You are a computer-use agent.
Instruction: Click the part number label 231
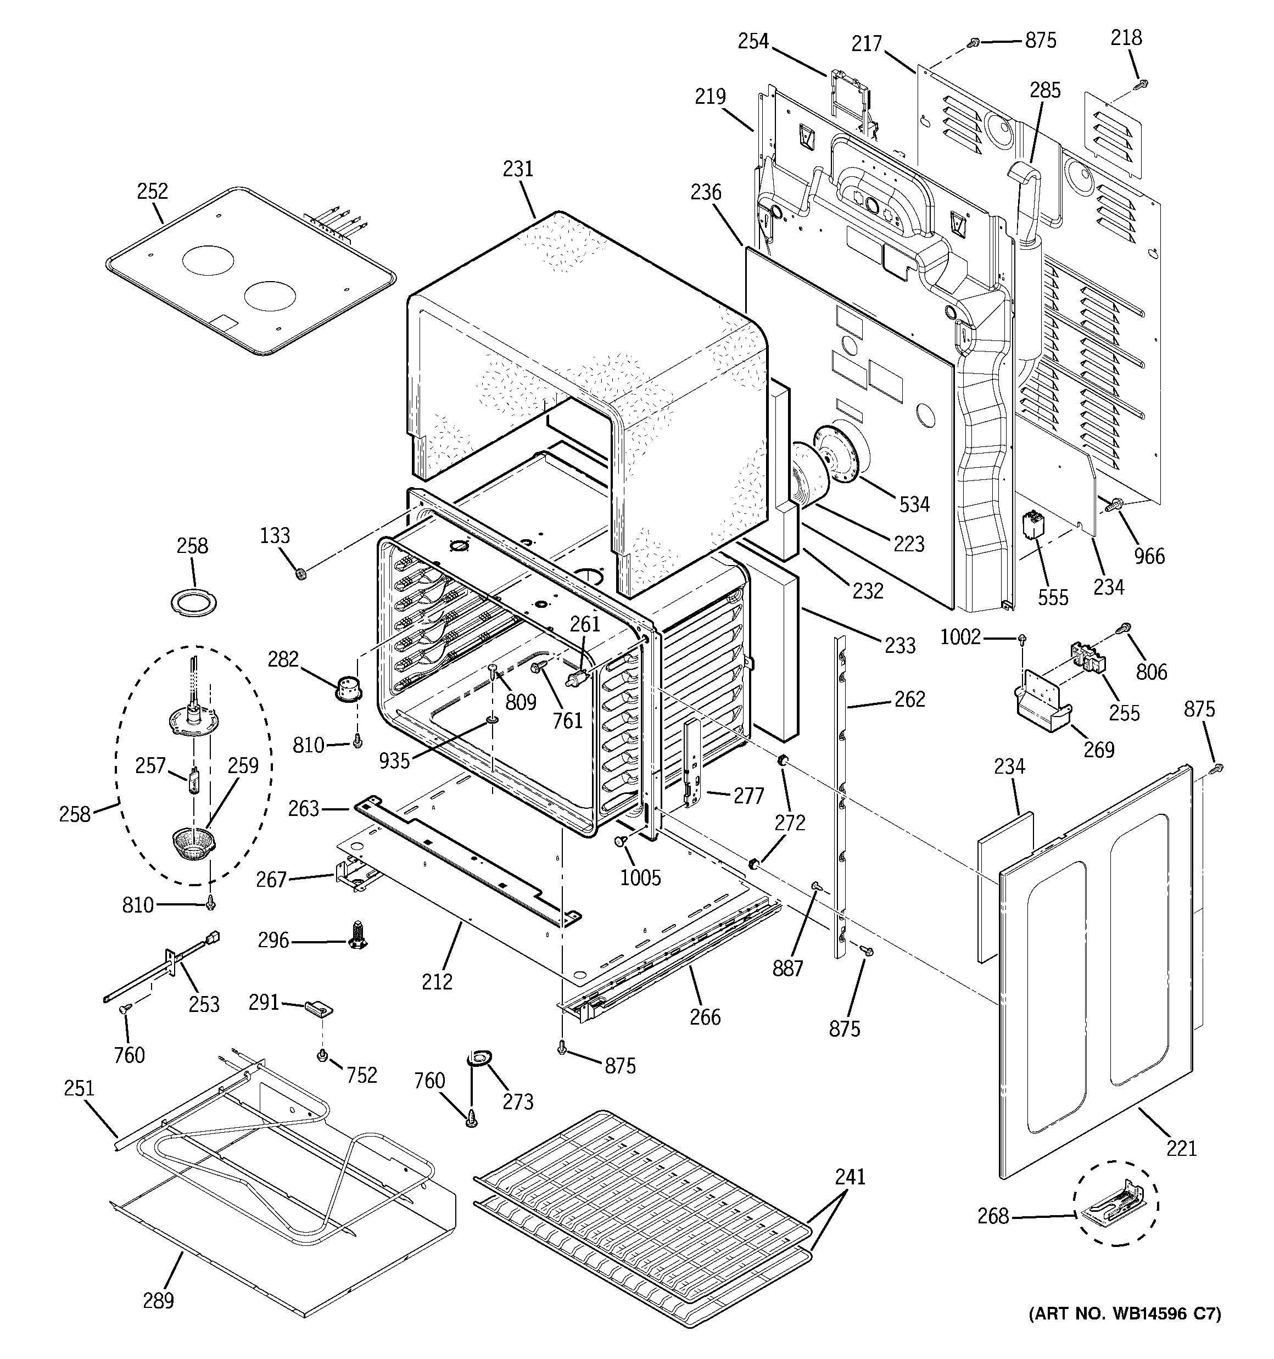[518, 169]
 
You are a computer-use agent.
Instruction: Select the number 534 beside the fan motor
[914, 505]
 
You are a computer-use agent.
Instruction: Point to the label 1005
[640, 878]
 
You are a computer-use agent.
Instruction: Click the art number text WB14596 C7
[1125, 1314]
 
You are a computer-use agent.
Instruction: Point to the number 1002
[960, 637]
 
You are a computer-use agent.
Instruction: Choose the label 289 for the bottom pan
[158, 1300]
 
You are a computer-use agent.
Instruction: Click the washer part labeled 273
[477, 1060]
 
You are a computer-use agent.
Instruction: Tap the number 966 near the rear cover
[1149, 556]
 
